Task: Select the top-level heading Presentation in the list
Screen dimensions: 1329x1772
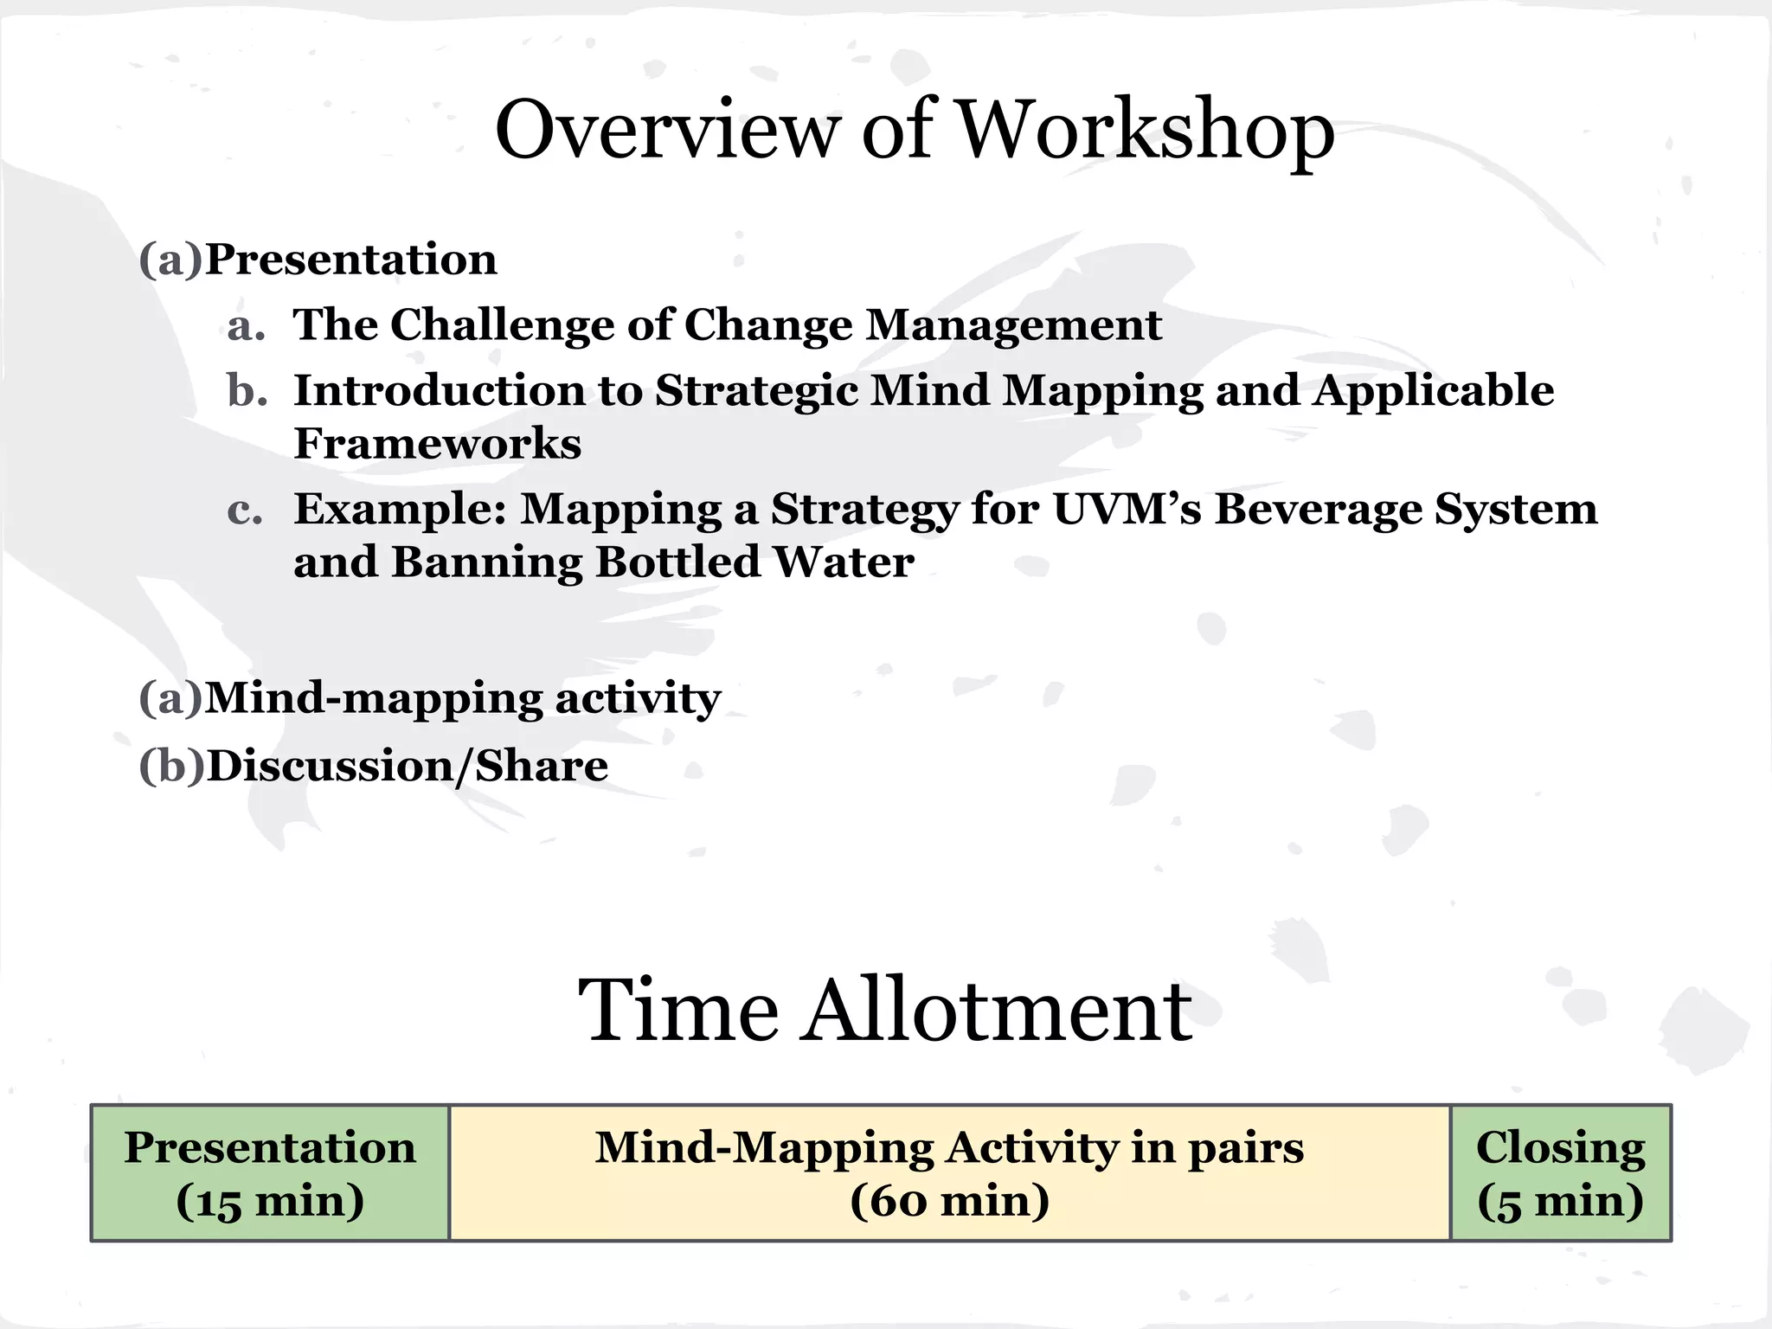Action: [x=350, y=260]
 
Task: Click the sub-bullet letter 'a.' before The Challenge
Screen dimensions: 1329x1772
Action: [x=246, y=326]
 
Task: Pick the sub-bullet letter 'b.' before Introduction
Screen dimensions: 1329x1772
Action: [x=247, y=391]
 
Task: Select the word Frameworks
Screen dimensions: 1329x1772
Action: [x=437, y=444]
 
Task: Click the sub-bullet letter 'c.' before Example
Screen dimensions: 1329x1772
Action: [x=245, y=510]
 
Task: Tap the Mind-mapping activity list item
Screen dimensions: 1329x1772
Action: [x=462, y=698]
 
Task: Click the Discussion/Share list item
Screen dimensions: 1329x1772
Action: [x=407, y=767]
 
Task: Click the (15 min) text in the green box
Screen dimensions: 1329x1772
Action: [x=270, y=1201]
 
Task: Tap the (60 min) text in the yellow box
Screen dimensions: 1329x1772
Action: [x=949, y=1201]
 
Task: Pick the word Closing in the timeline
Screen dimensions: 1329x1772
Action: [x=1560, y=1148]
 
